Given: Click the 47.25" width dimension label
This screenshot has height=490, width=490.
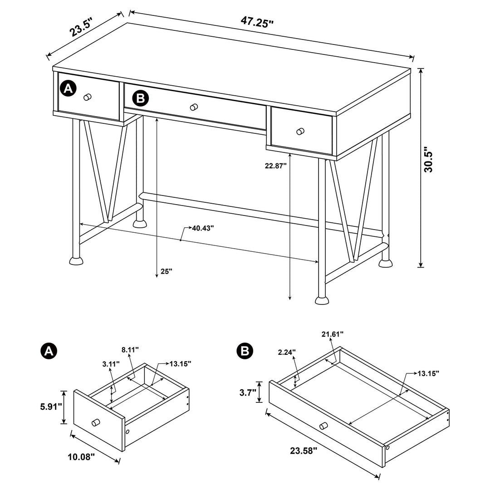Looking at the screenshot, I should coord(258,22).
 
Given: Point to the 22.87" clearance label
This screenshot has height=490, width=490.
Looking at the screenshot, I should coord(276,166).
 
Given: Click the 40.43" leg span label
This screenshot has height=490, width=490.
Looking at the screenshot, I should coord(202,228).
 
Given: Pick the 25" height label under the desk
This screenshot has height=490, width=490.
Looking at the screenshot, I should coord(167,271).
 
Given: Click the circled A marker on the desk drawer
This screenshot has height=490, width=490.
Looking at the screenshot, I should coord(68,88).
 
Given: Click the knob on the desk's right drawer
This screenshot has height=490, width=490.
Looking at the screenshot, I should coord(300,131).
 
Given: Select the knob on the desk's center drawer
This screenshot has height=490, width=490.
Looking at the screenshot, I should coord(194,107).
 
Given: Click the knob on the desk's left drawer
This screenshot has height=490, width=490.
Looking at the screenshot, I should coord(88,97).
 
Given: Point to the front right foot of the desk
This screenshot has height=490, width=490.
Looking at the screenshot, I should coord(323,300).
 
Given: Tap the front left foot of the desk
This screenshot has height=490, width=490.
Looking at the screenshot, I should coord(76,261).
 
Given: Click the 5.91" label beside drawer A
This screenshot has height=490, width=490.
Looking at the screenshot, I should coord(50,407).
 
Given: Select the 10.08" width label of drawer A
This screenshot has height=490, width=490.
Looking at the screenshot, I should coord(83,456).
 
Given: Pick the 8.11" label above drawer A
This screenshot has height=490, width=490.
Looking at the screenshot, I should coord(130,349).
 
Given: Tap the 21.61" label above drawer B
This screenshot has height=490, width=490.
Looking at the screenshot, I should coord(332,334).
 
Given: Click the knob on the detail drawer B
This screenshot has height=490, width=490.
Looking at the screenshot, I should coord(323,426).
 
